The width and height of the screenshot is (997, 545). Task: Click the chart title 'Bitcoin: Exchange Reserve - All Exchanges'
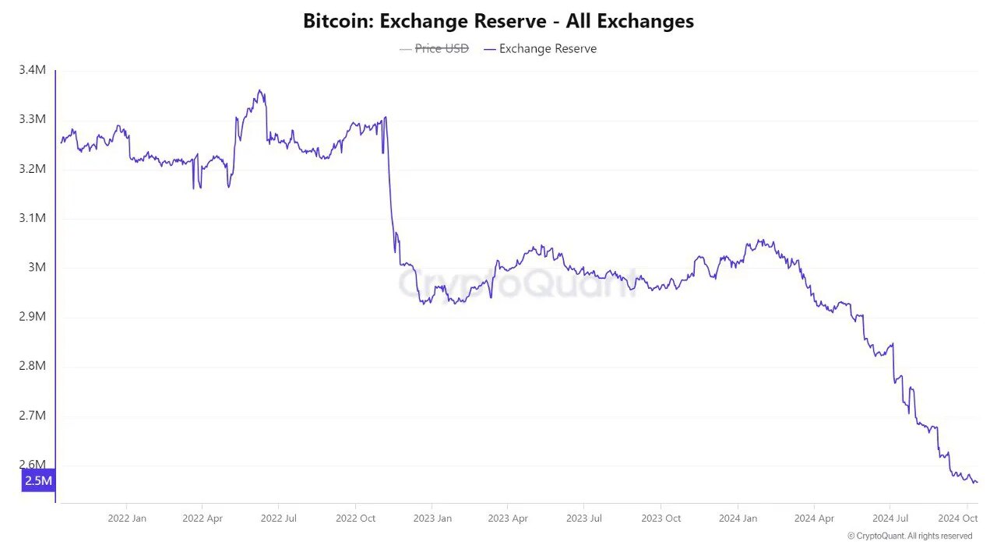[x=498, y=21]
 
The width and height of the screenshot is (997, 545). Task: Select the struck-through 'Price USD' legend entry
[x=442, y=48]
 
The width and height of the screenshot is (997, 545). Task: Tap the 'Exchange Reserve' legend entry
[x=548, y=48]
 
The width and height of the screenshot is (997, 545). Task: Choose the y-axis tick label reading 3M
[x=37, y=267]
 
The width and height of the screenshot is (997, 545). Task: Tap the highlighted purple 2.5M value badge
[x=38, y=480]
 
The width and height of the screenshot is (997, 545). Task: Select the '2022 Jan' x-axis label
[x=127, y=518]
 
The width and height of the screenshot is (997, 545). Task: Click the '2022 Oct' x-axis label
[x=356, y=518]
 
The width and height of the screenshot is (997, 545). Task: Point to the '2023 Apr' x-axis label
[x=509, y=518]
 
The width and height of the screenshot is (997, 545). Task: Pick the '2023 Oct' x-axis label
[x=661, y=518]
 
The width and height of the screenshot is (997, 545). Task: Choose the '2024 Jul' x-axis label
[x=891, y=518]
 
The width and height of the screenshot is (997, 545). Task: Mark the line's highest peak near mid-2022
[x=259, y=90]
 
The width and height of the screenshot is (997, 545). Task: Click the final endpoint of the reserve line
[x=977, y=483]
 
